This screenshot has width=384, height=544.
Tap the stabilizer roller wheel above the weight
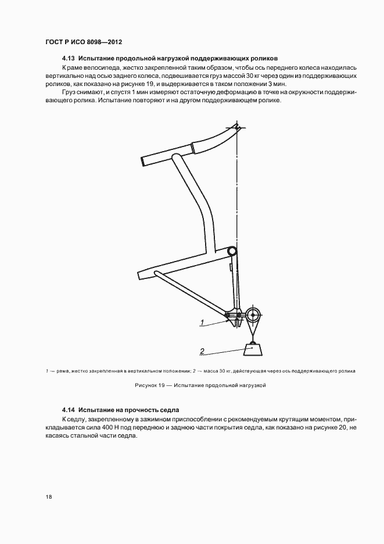(x=253, y=316)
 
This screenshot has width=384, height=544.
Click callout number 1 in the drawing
(x=202, y=321)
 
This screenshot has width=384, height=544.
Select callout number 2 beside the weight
(x=202, y=350)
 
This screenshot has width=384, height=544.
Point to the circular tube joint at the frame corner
(x=232, y=251)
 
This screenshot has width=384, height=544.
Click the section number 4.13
(x=68, y=58)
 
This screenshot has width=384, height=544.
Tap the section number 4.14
(x=68, y=409)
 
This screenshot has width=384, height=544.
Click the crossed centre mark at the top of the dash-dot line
(x=237, y=127)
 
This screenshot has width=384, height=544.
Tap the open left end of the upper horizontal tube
(x=143, y=161)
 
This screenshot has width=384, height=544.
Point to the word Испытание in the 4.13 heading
(x=98, y=58)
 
